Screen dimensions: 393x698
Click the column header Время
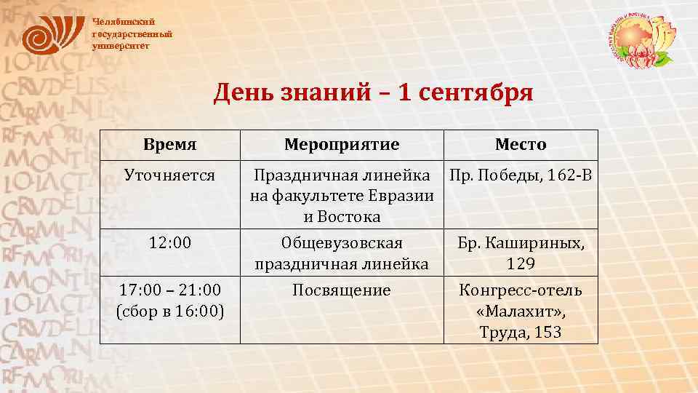point(169,144)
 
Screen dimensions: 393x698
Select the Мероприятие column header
point(341,144)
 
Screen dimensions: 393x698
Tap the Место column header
point(521,144)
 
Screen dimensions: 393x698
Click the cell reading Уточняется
point(169,175)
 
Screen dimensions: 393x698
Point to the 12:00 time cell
point(169,243)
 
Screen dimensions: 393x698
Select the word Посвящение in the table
point(341,290)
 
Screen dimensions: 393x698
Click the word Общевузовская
point(341,243)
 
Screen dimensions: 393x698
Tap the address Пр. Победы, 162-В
point(521,175)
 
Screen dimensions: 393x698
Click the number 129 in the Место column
point(521,263)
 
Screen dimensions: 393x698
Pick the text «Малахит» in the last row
point(521,311)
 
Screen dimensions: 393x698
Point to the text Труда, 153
point(521,333)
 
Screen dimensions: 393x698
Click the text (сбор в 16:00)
point(169,311)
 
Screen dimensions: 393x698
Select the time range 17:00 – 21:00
point(169,290)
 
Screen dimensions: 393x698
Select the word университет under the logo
point(121,45)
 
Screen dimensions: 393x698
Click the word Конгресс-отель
point(521,290)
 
